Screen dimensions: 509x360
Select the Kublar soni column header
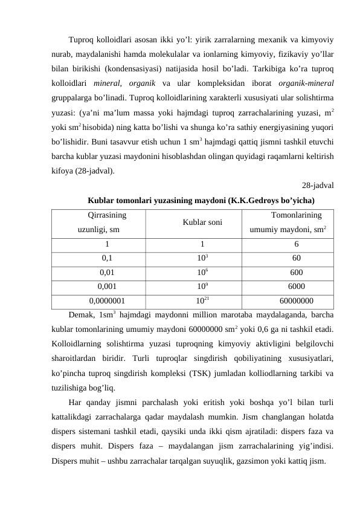pyautogui.click(x=202, y=222)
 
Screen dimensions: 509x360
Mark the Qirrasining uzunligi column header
pyautogui.click(x=107, y=222)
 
